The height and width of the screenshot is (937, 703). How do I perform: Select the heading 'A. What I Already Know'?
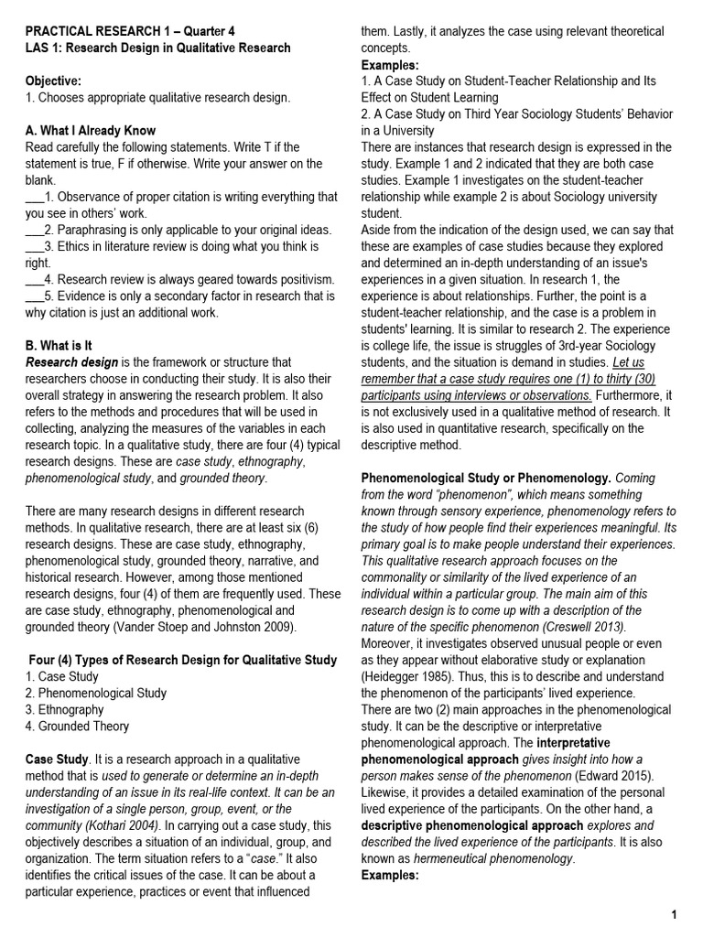pos(91,131)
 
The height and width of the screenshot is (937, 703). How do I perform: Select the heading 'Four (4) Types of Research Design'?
pos(182,660)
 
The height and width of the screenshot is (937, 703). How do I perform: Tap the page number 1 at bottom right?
pos(673,915)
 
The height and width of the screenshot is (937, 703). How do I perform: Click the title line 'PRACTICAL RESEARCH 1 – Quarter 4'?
pos(130,31)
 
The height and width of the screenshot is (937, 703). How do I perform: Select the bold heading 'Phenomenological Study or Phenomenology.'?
pos(486,479)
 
